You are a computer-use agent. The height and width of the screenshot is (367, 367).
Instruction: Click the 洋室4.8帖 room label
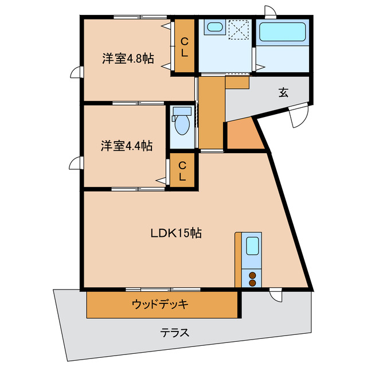[128, 58]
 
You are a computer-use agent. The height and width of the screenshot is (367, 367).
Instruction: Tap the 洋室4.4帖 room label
[127, 146]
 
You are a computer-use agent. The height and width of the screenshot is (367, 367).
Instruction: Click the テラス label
[175, 333]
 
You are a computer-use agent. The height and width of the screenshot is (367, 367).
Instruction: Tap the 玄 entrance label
[283, 92]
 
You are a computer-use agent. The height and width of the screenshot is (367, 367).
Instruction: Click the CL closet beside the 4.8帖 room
[184, 46]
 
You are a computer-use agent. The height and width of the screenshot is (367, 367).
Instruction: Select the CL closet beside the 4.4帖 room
[182, 171]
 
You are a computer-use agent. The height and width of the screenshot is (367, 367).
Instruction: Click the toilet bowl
[182, 123]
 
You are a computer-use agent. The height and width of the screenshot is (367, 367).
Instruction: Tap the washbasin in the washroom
[214, 28]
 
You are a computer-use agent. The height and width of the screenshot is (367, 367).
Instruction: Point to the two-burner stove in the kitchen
[252, 279]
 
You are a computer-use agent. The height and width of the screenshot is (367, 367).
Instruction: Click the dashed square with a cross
[237, 30]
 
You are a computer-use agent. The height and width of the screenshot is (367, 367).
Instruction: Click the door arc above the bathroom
[270, 12]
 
